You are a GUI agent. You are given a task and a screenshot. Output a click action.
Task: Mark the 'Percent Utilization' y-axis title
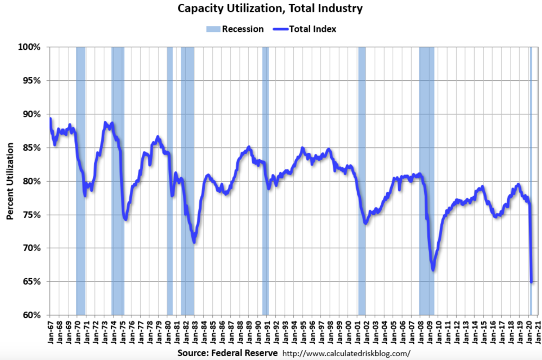click(x=9, y=181)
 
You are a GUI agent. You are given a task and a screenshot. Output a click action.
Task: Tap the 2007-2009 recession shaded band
click(x=426, y=180)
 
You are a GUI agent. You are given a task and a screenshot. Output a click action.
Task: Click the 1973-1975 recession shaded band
click(x=118, y=180)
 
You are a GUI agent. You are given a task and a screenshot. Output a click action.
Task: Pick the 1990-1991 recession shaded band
click(x=265, y=180)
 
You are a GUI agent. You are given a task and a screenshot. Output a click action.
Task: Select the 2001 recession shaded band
click(x=361, y=180)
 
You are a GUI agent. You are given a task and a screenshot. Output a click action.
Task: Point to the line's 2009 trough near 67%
click(x=432, y=269)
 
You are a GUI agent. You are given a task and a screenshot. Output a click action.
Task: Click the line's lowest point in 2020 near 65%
click(x=532, y=282)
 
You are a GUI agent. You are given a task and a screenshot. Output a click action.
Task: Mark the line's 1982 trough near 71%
click(x=194, y=242)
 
